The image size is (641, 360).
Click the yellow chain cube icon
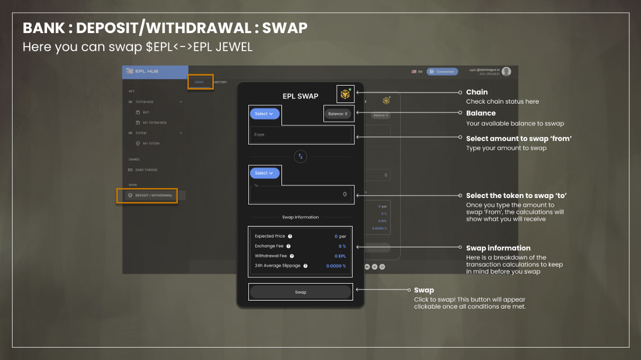(x=345, y=94)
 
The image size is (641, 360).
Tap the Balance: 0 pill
(x=338, y=114)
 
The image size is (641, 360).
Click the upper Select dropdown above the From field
(x=265, y=114)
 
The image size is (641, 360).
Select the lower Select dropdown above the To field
(x=265, y=173)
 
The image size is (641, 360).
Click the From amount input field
(x=301, y=135)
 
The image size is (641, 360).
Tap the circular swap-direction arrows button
(x=301, y=156)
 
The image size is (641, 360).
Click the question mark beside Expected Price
(x=290, y=237)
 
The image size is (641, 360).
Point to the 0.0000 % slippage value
(x=336, y=266)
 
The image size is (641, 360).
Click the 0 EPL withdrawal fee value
(x=340, y=256)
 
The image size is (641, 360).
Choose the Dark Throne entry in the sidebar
(x=146, y=170)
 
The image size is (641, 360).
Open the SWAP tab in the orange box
(x=199, y=82)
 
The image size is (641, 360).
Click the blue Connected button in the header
(x=442, y=72)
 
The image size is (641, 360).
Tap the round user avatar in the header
(x=506, y=72)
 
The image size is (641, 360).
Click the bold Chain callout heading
(x=477, y=92)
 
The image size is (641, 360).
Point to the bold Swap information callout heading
(x=498, y=248)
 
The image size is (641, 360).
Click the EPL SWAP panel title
(x=300, y=96)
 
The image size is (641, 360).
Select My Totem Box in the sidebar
(x=154, y=123)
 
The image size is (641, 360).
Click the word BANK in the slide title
(x=43, y=28)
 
